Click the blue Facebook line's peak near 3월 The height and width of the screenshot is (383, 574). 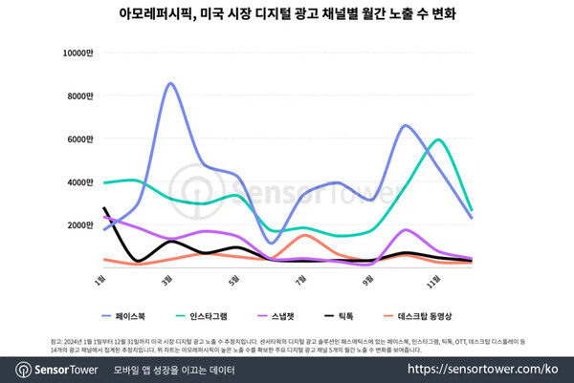point(169,84)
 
